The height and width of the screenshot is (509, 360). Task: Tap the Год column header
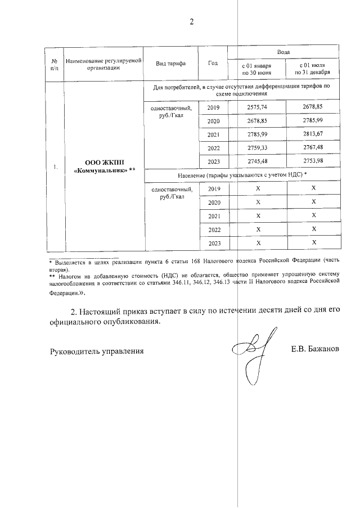pos(213,62)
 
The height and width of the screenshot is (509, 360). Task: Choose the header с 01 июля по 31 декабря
pos(313,69)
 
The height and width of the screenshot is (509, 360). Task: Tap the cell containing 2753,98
pos(313,161)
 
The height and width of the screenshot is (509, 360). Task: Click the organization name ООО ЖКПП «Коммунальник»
pos(105,167)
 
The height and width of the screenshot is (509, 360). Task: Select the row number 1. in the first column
pos(55,167)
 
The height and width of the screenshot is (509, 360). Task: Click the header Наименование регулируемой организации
pos(104,63)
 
